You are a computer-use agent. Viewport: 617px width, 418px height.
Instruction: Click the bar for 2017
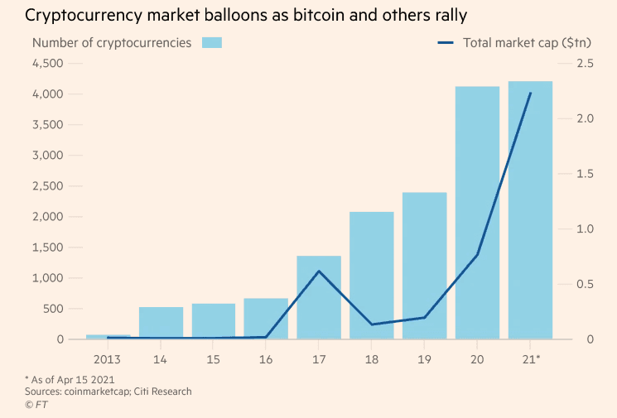319,297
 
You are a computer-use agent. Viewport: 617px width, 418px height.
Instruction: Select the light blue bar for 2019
424,266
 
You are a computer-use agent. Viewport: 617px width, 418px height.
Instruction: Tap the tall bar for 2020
477,213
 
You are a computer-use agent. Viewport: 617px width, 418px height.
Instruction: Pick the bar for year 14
161,323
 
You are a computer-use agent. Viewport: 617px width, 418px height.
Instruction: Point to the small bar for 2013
108,337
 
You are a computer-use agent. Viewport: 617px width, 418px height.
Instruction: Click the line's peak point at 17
319,271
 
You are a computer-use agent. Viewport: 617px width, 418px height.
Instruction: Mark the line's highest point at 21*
530,94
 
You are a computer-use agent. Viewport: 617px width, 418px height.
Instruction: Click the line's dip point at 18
372,324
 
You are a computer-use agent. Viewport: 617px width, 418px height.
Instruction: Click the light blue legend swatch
212,42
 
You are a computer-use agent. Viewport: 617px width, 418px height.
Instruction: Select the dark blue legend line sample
446,42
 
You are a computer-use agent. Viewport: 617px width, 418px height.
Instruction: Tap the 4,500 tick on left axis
47,63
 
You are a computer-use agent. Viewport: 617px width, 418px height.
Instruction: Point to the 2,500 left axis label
47,186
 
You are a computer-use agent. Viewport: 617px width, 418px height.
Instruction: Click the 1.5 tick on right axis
586,174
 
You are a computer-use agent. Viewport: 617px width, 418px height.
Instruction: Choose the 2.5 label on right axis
586,63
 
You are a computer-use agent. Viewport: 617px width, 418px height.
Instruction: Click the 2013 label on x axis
107,359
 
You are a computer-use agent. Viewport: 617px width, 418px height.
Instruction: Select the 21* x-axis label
531,359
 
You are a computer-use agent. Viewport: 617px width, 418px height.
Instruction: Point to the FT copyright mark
36,404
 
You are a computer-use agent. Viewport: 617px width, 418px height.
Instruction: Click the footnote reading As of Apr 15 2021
73,379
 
